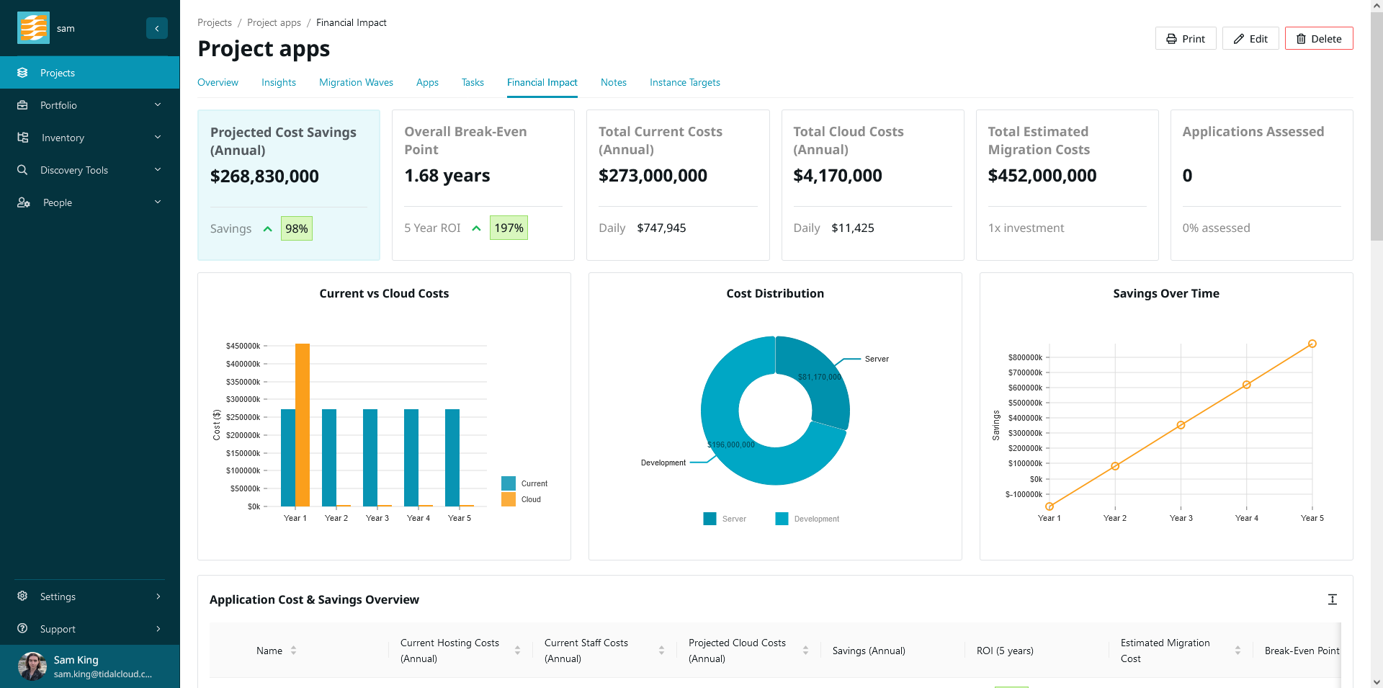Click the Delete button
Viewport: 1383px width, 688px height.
point(1318,39)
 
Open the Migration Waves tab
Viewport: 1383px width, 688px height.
point(356,83)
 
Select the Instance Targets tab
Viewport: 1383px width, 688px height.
point(684,83)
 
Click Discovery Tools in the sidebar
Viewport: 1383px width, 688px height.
point(74,171)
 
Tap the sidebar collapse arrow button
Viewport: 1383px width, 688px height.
point(157,28)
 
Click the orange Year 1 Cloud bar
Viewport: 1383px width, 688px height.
point(303,425)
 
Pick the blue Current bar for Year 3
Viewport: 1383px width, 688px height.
point(370,457)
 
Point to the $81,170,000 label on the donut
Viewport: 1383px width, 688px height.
point(819,377)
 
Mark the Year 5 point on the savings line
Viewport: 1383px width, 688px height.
point(1312,344)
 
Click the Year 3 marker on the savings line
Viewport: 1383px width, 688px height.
point(1181,425)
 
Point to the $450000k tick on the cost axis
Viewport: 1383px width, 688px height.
point(243,346)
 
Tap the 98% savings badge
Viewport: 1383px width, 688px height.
point(296,229)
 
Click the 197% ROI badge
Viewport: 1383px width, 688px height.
point(509,228)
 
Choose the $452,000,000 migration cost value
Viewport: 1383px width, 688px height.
point(1042,176)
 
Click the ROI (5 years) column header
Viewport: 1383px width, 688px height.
point(1005,651)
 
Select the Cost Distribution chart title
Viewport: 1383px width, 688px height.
point(774,294)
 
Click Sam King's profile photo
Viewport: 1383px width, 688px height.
point(32,666)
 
